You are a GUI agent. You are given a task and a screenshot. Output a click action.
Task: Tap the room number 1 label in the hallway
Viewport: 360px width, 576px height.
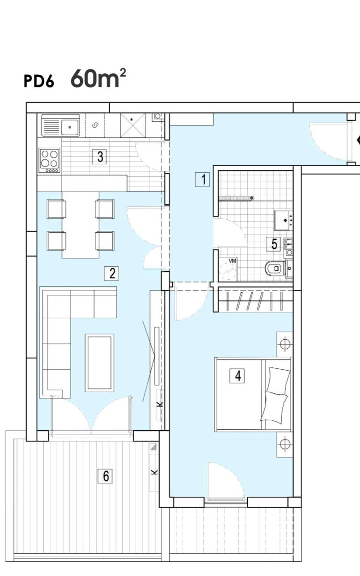pos(203,179)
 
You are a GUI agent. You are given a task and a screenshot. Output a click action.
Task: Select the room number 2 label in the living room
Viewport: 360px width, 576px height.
pos(111,273)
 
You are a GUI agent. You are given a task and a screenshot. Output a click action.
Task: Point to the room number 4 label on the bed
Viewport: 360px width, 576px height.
pos(237,375)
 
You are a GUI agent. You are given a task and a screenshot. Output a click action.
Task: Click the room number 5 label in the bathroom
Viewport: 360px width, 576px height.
pos(274,244)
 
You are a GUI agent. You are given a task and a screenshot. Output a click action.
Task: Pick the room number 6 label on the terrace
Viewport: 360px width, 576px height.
pos(106,476)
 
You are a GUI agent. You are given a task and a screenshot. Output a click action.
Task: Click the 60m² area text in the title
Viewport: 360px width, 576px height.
pos(97,79)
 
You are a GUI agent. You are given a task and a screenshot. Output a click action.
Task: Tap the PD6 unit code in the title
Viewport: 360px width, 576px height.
pos(38,82)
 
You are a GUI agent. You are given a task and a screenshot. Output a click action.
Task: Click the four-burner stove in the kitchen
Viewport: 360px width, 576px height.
pos(49,160)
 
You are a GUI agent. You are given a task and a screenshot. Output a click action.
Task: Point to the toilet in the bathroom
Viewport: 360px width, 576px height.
pos(275,269)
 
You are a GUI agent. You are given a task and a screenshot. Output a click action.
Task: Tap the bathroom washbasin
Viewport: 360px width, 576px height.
pos(284,219)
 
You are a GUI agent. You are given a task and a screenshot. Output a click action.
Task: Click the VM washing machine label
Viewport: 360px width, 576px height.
pos(233,261)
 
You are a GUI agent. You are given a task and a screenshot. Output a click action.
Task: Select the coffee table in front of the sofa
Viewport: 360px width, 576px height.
pos(99,363)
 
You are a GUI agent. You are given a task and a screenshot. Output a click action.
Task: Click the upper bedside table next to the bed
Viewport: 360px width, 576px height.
pos(284,344)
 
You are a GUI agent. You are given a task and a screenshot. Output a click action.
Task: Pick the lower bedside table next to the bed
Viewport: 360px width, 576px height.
pos(284,444)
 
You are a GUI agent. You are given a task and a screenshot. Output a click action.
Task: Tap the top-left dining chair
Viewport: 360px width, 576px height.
pos(57,209)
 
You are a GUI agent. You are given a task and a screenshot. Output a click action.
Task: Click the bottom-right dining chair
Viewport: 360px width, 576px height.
pos(104,240)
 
